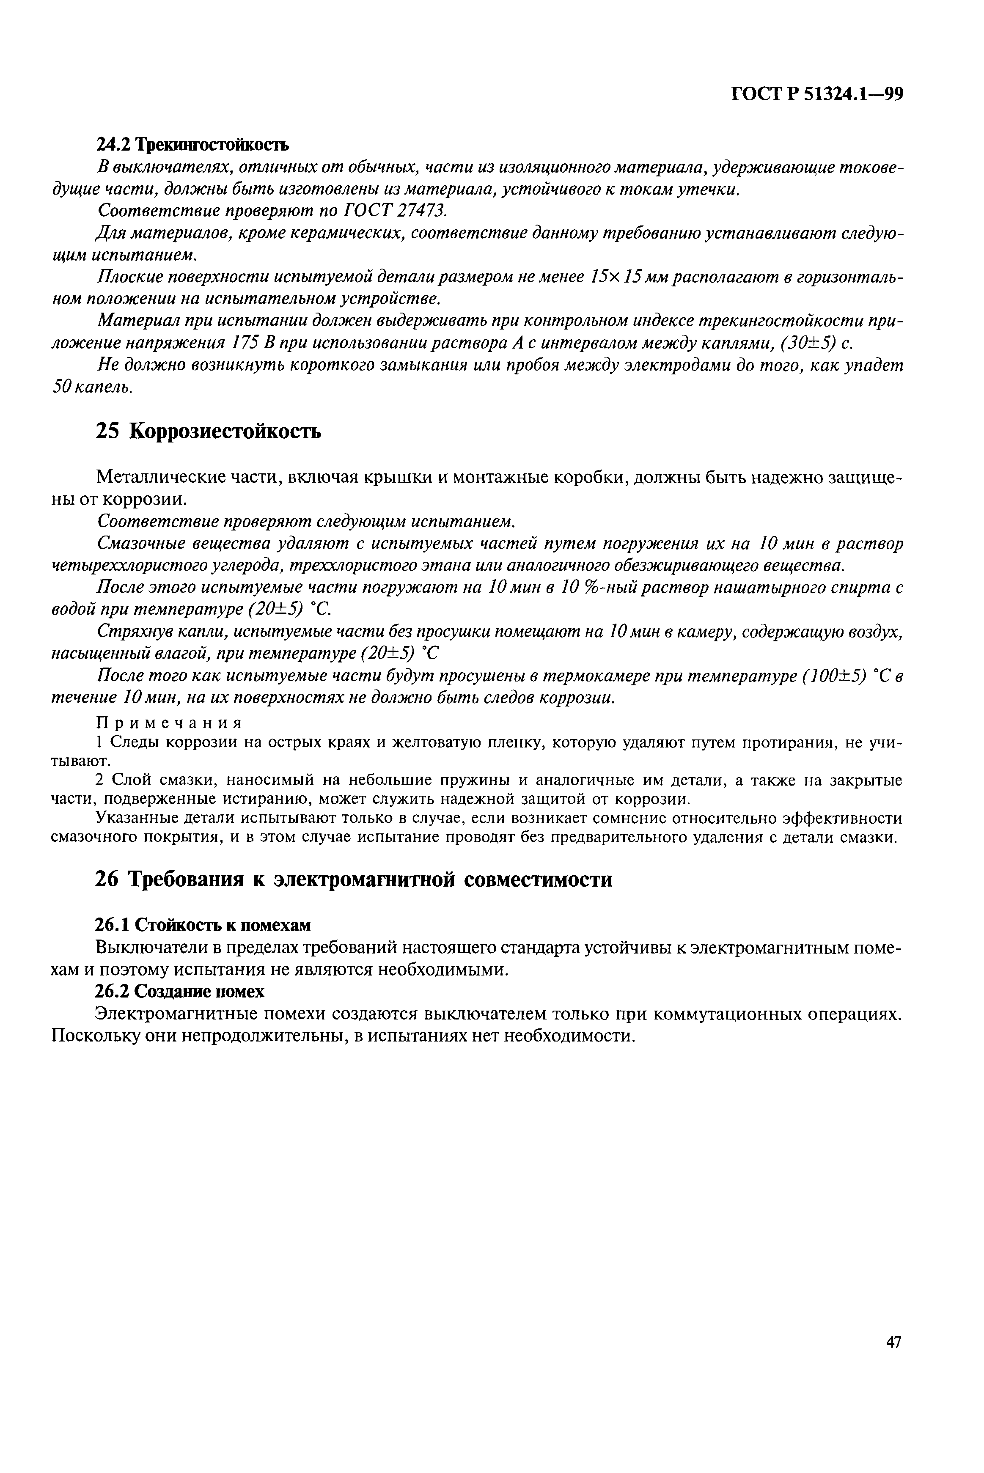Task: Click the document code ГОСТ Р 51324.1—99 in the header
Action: coord(816,94)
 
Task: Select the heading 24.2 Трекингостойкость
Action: coord(192,145)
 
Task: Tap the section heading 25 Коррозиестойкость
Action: coord(208,431)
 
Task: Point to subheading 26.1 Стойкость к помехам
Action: coord(203,925)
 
